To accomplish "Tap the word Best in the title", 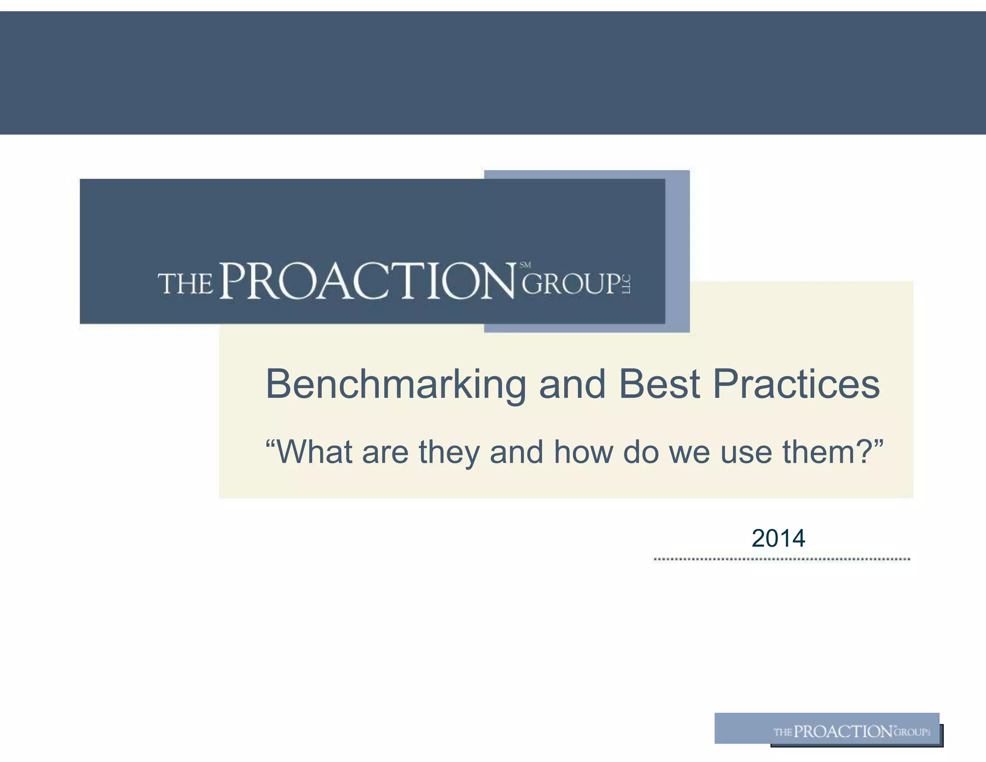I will [x=659, y=384].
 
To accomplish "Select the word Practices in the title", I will [x=796, y=384].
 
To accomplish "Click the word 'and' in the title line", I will [x=572, y=384].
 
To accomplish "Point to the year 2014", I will [x=778, y=538].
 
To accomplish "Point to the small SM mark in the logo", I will [x=525, y=265].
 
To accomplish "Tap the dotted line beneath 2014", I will [x=781, y=559].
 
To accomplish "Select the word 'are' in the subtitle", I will [x=385, y=453].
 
